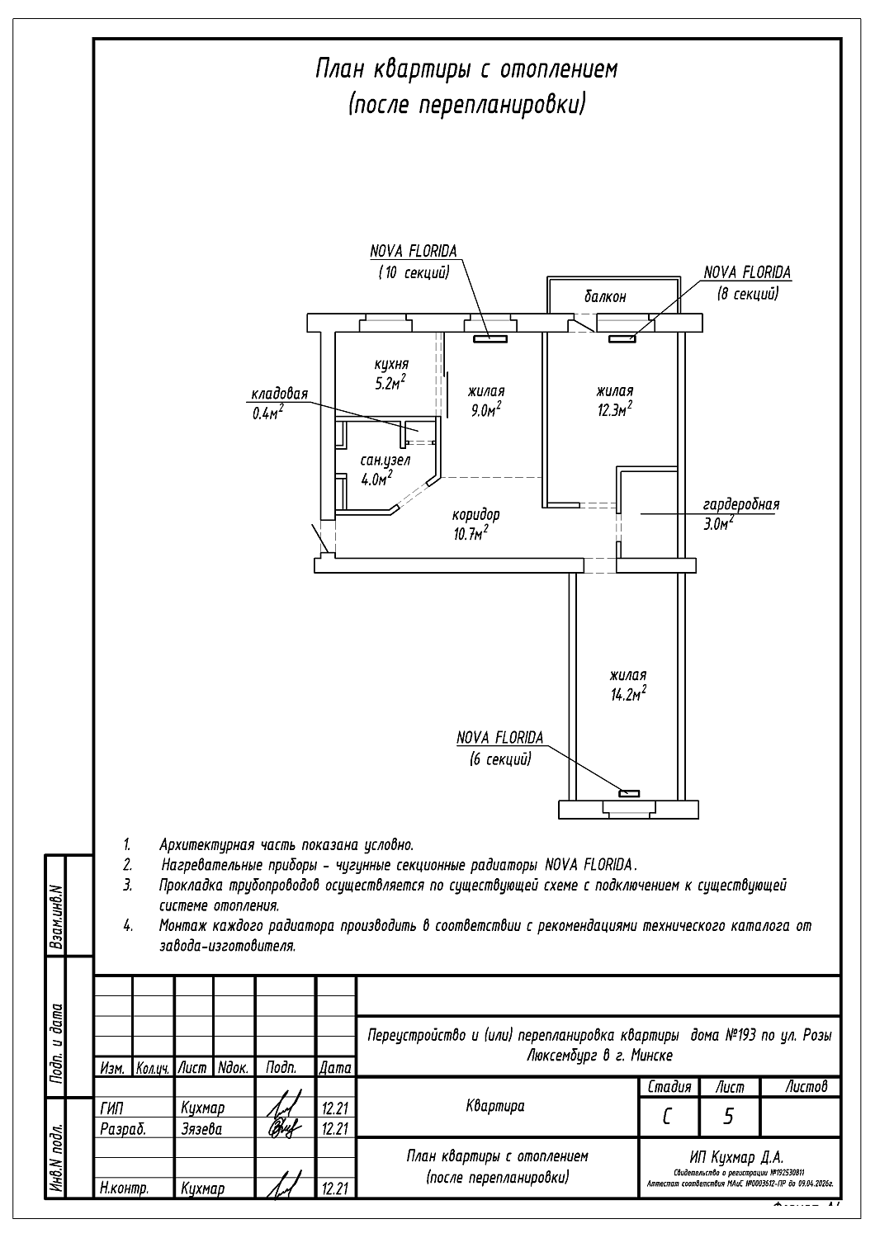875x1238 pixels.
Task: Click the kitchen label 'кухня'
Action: [390, 364]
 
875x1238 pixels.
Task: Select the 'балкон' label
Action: [605, 297]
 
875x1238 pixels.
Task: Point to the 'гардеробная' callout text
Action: [741, 504]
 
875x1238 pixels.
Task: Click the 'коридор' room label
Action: [476, 514]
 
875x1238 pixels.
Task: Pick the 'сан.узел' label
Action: [385, 461]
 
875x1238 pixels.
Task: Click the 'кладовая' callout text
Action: [280, 394]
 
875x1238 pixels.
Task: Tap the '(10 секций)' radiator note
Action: [414, 272]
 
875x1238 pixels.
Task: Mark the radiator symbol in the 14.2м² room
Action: [629, 793]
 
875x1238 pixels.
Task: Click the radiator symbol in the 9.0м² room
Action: [490, 337]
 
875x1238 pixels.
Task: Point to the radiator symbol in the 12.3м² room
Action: [622, 338]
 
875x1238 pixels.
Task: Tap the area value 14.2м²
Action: [627, 694]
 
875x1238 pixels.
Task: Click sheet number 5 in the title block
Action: [728, 1117]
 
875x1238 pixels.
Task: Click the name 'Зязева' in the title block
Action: [201, 1128]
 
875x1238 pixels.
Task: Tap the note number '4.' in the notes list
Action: [129, 926]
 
